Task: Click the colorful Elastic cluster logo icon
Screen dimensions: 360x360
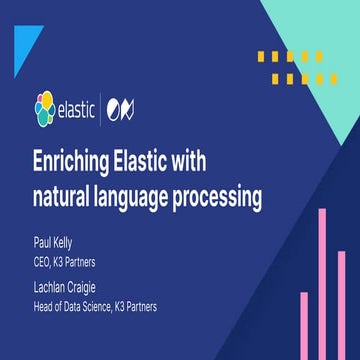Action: [46, 108]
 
